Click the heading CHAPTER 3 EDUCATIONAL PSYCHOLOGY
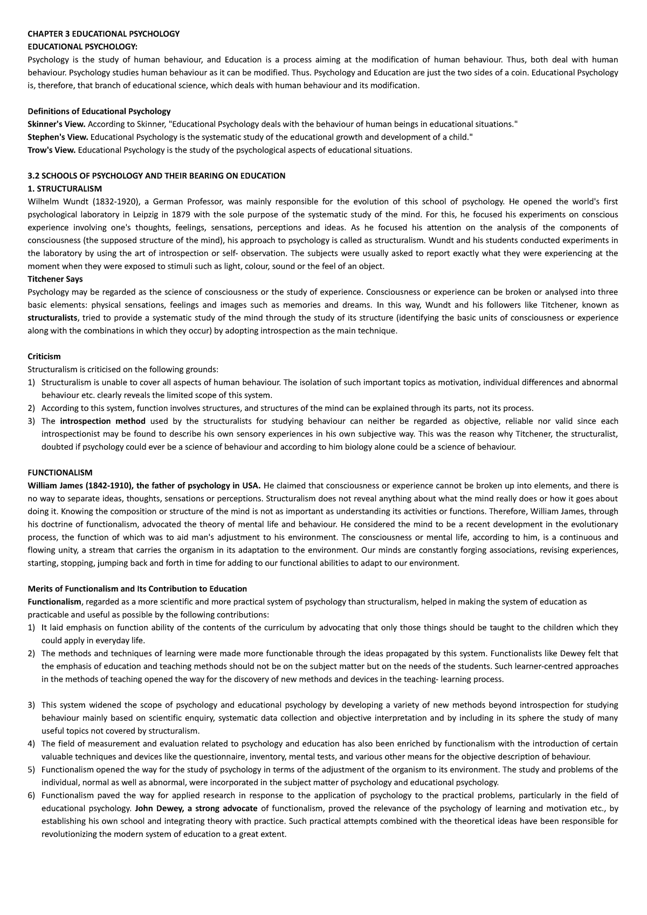103,34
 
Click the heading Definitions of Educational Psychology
99,111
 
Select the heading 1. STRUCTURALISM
64,189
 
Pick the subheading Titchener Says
55,279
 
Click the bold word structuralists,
53,318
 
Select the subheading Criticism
44,357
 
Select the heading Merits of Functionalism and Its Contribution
137,589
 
